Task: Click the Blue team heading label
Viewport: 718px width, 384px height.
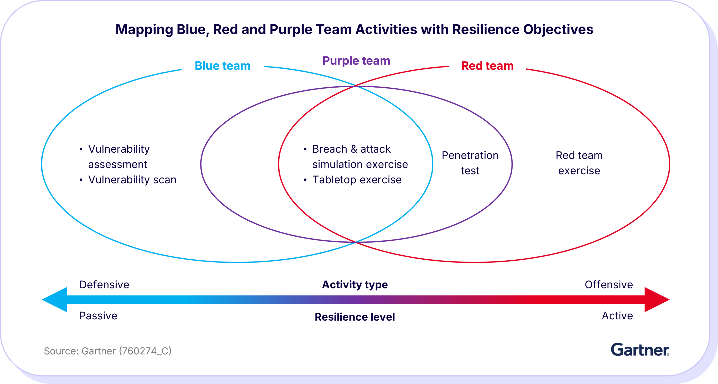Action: click(222, 66)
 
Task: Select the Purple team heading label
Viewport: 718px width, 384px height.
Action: click(356, 61)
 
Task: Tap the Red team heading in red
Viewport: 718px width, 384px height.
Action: click(487, 66)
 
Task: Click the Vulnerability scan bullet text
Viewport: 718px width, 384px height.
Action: click(132, 180)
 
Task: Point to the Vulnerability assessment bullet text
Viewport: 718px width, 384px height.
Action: click(119, 157)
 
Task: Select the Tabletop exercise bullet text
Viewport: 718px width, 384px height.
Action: click(357, 180)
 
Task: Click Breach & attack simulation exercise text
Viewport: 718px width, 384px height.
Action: click(359, 157)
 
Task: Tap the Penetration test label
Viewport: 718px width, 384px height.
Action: click(470, 163)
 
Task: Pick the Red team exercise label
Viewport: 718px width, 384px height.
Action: click(579, 163)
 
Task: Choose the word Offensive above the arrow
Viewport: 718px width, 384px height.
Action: click(608, 284)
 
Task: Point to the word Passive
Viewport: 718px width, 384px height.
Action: click(98, 316)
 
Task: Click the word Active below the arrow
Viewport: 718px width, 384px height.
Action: click(617, 316)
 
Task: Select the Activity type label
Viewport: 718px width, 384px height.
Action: click(354, 284)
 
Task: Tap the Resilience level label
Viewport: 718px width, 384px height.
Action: click(354, 317)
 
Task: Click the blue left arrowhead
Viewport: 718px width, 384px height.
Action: click(56, 300)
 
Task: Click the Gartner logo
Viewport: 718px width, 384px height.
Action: click(640, 350)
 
